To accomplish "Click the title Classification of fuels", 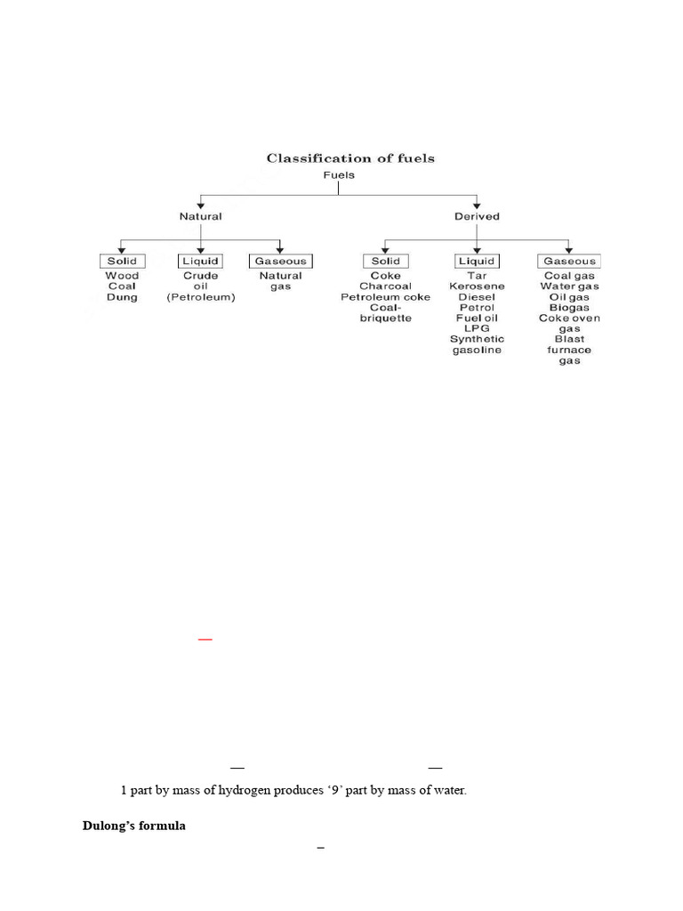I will coord(350,158).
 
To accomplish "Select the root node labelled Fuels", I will coord(339,175).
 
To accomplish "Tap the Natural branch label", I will coord(201,216).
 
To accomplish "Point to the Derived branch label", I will coord(478,216).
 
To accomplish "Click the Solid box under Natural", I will coord(122,261).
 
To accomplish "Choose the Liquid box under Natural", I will coord(201,261).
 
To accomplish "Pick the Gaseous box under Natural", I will coord(280,261).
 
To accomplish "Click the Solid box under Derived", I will coord(385,261).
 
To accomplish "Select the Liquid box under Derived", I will coord(478,261).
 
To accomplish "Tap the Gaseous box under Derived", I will coord(569,261).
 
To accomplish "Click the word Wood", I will coord(122,276).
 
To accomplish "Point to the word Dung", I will coord(122,297).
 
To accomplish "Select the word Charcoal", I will coord(385,286).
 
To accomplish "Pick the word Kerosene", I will coord(477,286).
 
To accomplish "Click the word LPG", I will coord(477,328).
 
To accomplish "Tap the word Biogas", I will coord(569,308).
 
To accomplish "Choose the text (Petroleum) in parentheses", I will coord(201,297).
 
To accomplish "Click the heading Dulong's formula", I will coord(134,826).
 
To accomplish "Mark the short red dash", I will coord(205,639).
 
